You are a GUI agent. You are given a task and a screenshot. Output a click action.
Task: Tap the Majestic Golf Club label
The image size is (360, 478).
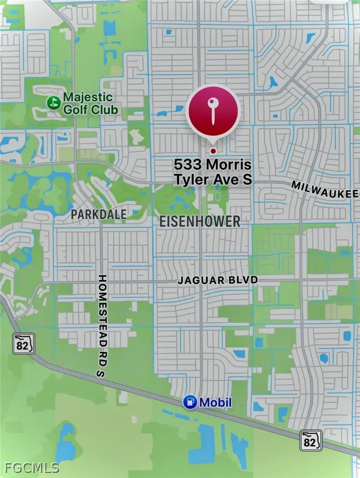click(x=88, y=103)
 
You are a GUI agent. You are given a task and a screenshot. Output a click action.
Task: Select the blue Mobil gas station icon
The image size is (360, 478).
click(x=190, y=402)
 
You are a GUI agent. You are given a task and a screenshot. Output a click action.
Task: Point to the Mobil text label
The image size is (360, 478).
click(x=215, y=402)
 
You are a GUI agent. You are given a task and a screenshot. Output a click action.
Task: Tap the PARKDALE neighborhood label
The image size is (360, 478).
click(x=99, y=214)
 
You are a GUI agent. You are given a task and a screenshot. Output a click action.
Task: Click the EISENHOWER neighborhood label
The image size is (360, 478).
click(x=200, y=221)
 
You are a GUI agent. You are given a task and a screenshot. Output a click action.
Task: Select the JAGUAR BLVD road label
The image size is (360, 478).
click(x=218, y=280)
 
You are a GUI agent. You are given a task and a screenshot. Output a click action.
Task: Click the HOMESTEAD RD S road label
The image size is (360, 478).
click(x=103, y=326)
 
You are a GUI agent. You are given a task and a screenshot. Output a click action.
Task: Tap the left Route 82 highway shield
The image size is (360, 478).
click(x=24, y=344)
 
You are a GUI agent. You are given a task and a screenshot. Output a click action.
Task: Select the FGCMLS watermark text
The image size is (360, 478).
click(x=32, y=467)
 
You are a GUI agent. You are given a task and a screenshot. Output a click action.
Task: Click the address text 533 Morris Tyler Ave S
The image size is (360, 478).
click(x=213, y=172)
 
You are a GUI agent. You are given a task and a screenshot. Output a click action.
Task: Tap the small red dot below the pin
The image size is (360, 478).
click(x=213, y=151)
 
